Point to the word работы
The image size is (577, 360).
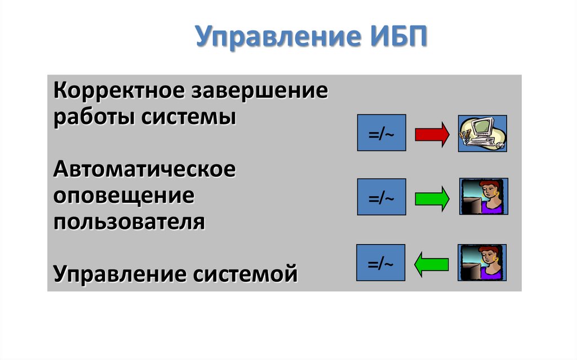coord(93,118)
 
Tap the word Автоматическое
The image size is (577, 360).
coord(144,169)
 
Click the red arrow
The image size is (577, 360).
coord(432,134)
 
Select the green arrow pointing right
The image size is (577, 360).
coord(432,198)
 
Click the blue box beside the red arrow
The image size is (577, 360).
coord(381,132)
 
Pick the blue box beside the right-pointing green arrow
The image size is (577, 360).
coord(381,197)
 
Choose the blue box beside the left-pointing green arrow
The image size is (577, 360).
coord(381,263)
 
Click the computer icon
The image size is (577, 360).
coord(482,133)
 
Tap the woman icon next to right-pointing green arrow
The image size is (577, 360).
coord(483,196)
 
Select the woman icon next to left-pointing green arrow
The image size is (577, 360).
coord(482,263)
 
